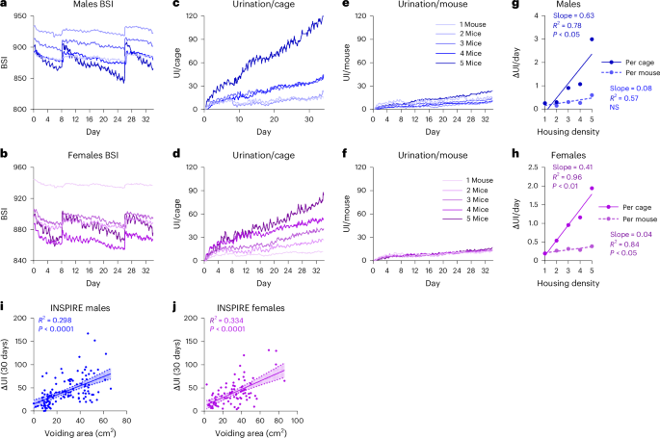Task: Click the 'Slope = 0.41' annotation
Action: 572,167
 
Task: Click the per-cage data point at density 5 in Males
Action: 591,39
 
